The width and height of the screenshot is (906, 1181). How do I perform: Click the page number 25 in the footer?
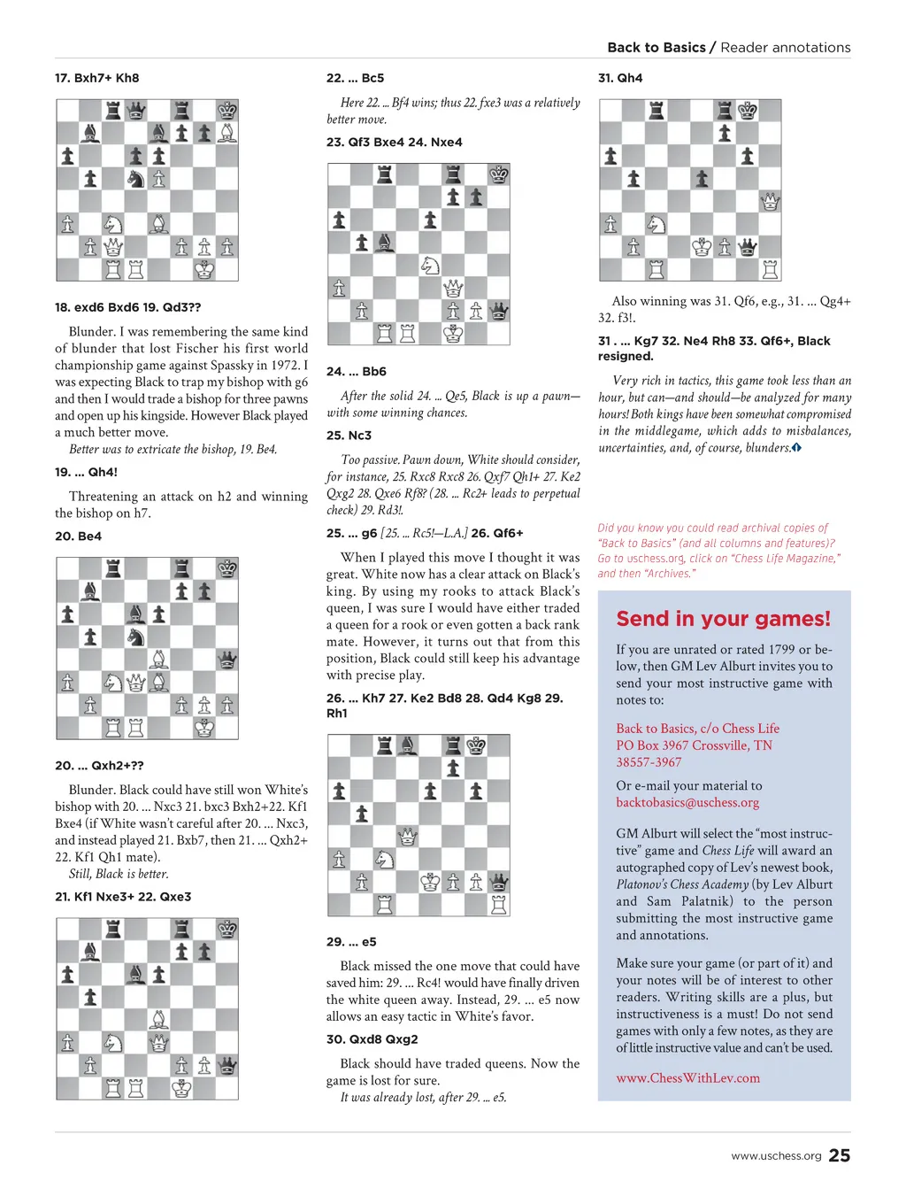pyautogui.click(x=839, y=1154)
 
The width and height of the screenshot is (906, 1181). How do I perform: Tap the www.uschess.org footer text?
pyautogui.click(x=776, y=1155)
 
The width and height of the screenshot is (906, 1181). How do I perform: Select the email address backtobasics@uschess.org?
pyautogui.click(x=687, y=802)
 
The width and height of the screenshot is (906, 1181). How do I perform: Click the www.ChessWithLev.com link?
pyautogui.click(x=687, y=1077)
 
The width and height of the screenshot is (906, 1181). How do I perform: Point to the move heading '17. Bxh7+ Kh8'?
pyautogui.click(x=96, y=78)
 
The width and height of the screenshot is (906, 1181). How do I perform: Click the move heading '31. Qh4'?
pyautogui.click(x=620, y=78)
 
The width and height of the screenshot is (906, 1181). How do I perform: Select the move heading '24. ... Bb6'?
pyautogui.click(x=356, y=372)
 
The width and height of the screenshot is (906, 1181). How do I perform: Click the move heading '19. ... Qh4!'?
pyautogui.click(x=86, y=472)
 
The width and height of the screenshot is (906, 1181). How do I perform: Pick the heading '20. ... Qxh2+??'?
pyautogui.click(x=99, y=765)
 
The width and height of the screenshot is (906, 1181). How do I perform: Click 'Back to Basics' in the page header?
pyautogui.click(x=656, y=48)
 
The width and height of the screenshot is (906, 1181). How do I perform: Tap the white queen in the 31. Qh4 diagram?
pyautogui.click(x=770, y=202)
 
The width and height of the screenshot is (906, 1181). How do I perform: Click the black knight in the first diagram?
pyautogui.click(x=136, y=178)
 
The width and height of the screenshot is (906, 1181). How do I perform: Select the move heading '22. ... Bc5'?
pyautogui.click(x=355, y=78)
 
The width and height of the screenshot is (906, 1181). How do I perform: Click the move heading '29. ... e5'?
pyautogui.click(x=351, y=941)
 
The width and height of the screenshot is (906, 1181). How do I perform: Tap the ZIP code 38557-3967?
pyautogui.click(x=649, y=761)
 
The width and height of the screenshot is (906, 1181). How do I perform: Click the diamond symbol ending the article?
pyautogui.click(x=796, y=448)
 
